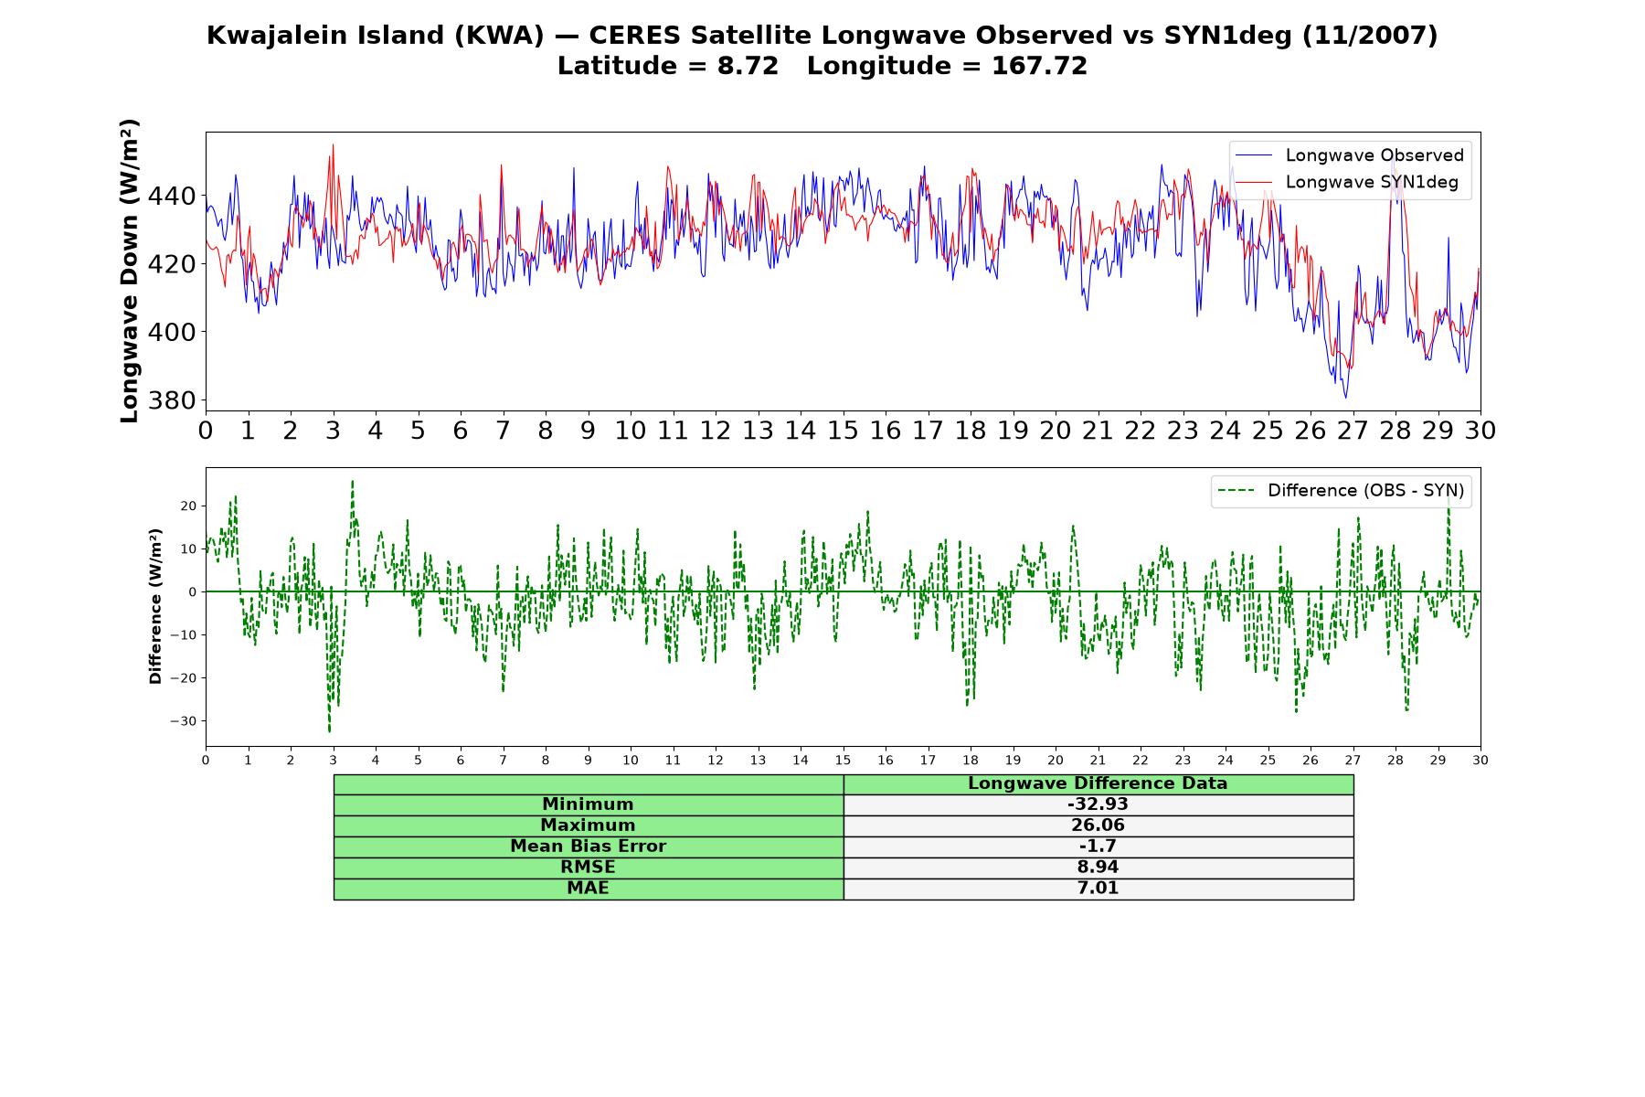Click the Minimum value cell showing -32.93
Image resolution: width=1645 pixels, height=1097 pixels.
(x=1098, y=804)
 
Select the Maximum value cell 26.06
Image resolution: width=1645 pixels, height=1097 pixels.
(x=1098, y=825)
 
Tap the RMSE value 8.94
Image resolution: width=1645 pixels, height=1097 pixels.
(x=1098, y=868)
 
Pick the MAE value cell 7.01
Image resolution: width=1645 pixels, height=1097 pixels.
(x=1098, y=889)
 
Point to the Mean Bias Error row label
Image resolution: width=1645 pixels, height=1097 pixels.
(x=588, y=847)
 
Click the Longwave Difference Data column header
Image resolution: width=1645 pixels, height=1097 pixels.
(x=1098, y=783)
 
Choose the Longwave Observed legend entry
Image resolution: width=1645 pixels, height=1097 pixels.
(x=1350, y=155)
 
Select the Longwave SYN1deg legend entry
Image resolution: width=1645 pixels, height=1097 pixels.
(x=1347, y=182)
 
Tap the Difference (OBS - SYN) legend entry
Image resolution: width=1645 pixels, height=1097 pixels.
(x=1341, y=491)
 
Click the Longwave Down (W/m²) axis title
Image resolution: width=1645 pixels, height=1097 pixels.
(x=130, y=271)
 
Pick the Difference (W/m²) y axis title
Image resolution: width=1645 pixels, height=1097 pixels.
(x=155, y=606)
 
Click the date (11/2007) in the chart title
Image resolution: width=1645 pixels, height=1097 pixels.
(x=1370, y=36)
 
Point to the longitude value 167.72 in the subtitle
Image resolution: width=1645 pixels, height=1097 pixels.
(x=1039, y=66)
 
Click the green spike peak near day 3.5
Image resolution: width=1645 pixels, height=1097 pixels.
(x=353, y=481)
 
